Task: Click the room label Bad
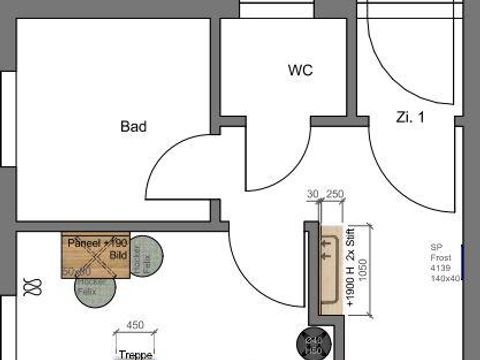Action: pos(134,127)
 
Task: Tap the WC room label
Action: pos(300,71)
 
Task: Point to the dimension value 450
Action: pos(135,325)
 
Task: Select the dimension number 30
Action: pos(313,194)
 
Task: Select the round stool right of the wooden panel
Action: pos(147,257)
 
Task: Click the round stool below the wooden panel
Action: pos(95,287)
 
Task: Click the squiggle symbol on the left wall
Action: pos(33,288)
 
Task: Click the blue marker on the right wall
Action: pos(465,259)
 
